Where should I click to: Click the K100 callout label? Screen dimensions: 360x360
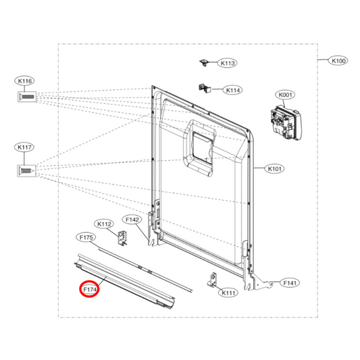click(338, 61)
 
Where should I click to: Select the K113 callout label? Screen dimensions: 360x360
click(227, 63)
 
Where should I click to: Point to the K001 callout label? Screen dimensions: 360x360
click(284, 95)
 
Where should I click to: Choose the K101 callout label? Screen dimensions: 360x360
click(276, 169)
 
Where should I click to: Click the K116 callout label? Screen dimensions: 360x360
click(25, 81)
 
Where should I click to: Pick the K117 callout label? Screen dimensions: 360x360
click(25, 147)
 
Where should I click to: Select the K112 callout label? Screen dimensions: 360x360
click(104, 224)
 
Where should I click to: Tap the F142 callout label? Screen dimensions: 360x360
click(132, 220)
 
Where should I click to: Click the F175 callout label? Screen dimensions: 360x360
click(86, 238)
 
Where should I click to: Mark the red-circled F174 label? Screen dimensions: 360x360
click(89, 290)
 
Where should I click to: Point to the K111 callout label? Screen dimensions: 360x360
click(228, 293)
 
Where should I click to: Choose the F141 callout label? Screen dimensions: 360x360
click(290, 283)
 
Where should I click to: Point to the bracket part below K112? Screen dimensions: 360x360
click(123, 237)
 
